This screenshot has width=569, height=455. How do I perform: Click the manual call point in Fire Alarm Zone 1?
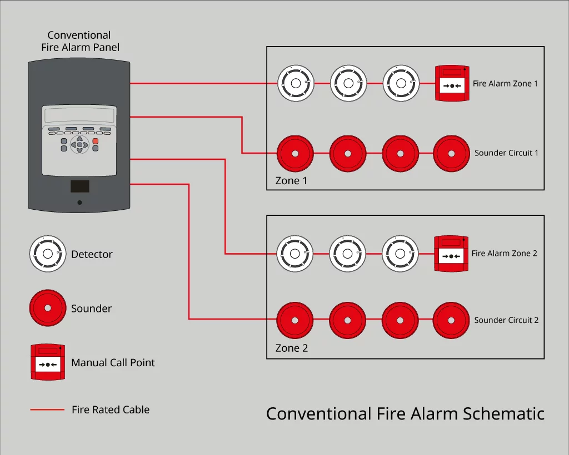click(x=453, y=84)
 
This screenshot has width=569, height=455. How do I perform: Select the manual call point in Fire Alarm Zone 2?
click(x=452, y=254)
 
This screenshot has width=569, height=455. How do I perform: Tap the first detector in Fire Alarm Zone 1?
click(x=296, y=84)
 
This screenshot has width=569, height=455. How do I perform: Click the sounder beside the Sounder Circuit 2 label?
click(x=451, y=320)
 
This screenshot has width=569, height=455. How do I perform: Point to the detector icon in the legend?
click(x=48, y=254)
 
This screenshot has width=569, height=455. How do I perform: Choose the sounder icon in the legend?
click(x=48, y=308)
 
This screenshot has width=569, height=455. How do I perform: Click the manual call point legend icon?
click(x=48, y=362)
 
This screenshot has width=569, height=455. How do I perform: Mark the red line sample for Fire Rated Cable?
click(x=47, y=410)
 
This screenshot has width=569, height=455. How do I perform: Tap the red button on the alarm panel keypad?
click(x=96, y=141)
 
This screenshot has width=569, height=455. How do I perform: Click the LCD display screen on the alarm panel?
click(x=79, y=116)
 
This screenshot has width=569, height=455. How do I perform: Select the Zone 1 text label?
click(x=291, y=181)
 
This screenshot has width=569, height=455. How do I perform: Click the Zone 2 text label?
click(x=291, y=348)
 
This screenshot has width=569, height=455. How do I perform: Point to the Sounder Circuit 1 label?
click(x=506, y=153)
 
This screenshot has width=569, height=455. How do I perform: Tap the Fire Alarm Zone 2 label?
click(x=505, y=254)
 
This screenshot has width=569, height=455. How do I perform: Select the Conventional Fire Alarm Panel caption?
click(x=79, y=42)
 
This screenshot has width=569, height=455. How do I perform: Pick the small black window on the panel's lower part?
click(x=79, y=186)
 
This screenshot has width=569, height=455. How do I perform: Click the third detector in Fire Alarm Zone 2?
click(x=400, y=254)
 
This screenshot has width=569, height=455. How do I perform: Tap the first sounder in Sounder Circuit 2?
click(x=295, y=320)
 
